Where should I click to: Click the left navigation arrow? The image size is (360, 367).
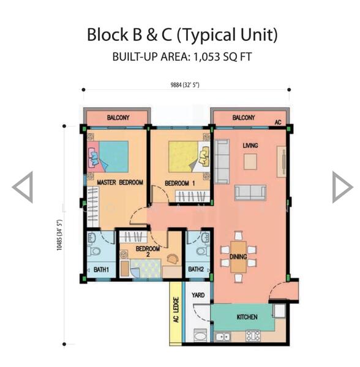(x=23, y=187)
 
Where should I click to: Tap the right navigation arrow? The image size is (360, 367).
(x=342, y=187)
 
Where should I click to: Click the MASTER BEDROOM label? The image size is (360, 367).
(x=120, y=182)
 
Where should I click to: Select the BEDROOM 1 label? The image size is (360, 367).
(x=180, y=183)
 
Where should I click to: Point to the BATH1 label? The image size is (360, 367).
(x=101, y=270)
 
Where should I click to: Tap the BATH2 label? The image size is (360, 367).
(x=196, y=269)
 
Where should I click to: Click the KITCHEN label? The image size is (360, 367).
(x=247, y=317)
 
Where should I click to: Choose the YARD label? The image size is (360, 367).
(x=198, y=295)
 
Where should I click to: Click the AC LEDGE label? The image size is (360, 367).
(x=176, y=310)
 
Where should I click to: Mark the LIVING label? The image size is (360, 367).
(x=250, y=146)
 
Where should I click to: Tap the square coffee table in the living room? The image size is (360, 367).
(x=250, y=161)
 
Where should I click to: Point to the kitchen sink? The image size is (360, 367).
(x=223, y=337)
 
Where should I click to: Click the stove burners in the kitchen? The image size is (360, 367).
(x=253, y=336)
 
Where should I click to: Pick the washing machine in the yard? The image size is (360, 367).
(x=200, y=335)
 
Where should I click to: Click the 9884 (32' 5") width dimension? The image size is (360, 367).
(x=185, y=85)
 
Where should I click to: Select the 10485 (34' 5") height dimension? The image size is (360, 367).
(x=59, y=235)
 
